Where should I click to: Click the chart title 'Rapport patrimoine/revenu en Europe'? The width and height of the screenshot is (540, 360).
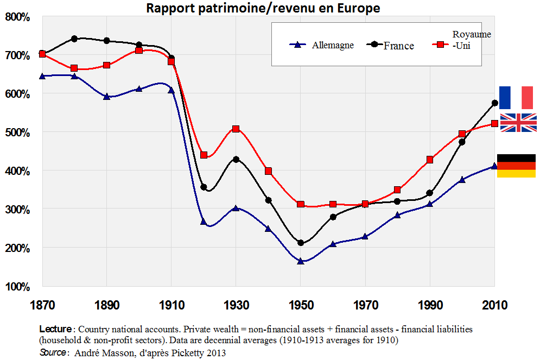tap(262, 8)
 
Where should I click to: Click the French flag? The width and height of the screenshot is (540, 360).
tap(516, 97)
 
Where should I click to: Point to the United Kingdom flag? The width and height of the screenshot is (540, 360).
tap(518, 123)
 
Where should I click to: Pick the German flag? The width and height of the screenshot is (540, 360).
tap(516, 166)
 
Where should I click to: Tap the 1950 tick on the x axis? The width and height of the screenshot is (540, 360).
tap(300, 305)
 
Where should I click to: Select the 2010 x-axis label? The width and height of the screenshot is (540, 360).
tap(494, 305)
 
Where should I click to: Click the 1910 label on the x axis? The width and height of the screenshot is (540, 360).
tap(171, 305)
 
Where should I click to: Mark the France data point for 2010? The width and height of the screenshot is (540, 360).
tap(494, 103)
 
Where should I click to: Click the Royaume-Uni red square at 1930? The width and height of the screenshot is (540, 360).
tap(236, 129)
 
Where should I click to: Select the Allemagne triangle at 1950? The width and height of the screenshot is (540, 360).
tap(300, 261)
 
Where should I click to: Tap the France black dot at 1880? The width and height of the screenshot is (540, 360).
tap(74, 39)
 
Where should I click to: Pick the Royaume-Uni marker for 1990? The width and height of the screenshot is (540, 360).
tap(430, 160)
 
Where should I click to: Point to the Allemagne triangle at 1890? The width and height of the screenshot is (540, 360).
tap(107, 97)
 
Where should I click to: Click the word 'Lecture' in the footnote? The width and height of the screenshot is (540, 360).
tap(55, 329)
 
